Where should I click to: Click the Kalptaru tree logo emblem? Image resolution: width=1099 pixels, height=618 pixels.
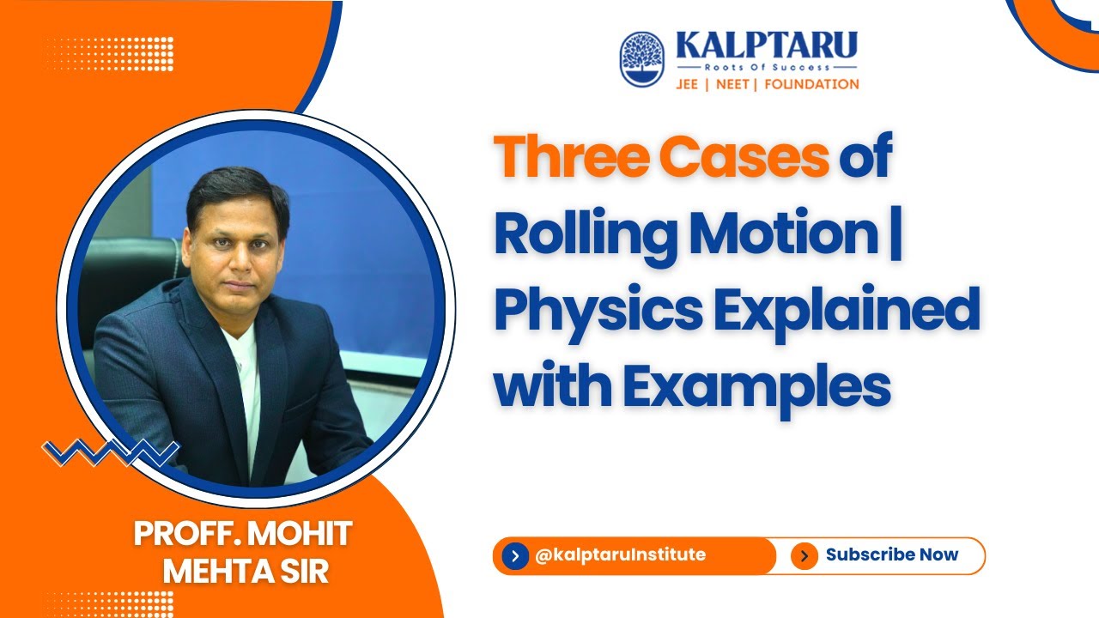click(x=641, y=59)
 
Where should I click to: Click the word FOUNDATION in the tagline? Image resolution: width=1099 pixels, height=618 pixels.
click(x=811, y=84)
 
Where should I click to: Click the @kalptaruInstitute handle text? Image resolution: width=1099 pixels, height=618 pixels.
click(x=619, y=554)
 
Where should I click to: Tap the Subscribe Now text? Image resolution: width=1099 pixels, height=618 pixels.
click(x=891, y=554)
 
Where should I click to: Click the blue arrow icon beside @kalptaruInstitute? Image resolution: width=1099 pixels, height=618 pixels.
click(x=515, y=556)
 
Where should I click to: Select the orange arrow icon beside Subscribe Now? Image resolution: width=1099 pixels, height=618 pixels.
click(x=804, y=556)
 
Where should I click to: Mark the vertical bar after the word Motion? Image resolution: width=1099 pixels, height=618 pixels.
click(x=896, y=235)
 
